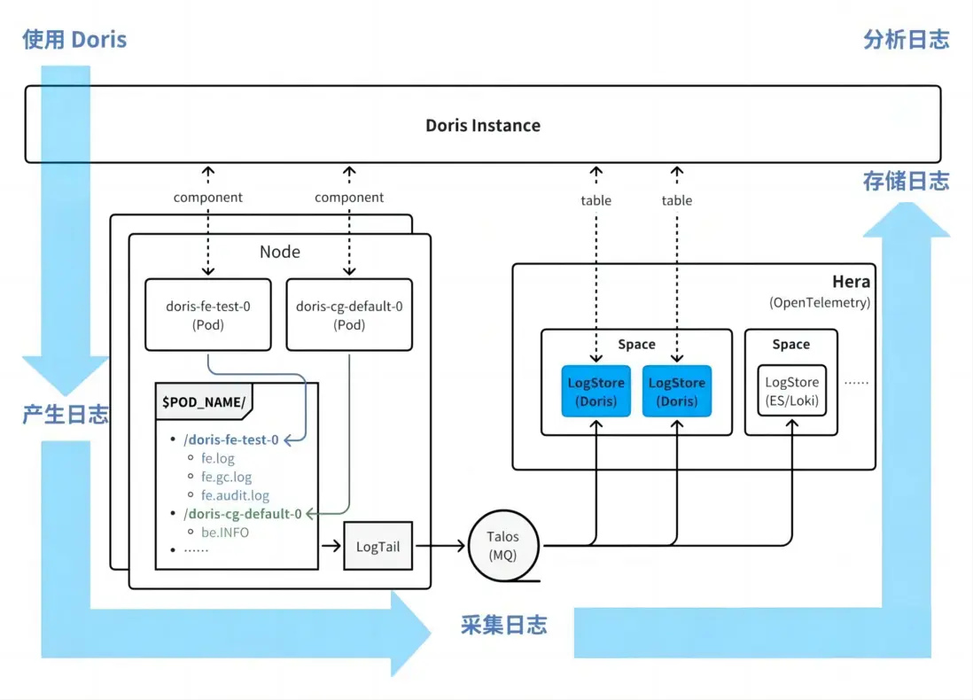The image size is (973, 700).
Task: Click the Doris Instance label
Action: pos(483,125)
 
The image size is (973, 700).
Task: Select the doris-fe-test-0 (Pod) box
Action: pos(208,315)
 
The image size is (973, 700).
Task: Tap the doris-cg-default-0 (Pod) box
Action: pos(349,315)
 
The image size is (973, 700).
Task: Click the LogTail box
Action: pos(378,546)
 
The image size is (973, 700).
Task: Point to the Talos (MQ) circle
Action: pos(502,546)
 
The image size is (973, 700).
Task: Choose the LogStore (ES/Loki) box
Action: pos(790,391)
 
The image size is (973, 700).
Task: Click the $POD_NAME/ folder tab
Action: pos(203,401)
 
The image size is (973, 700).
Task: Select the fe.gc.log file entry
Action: pos(226,477)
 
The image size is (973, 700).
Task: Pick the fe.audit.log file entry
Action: pos(235,495)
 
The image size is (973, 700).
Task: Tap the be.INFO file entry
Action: pos(225,532)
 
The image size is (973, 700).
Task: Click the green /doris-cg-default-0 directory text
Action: pos(242,513)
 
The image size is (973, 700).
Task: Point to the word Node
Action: pos(280,252)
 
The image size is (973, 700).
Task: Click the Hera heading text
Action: pos(851,282)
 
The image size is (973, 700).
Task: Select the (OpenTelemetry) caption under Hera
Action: pos(820,302)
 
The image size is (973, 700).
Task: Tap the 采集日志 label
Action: pos(503,625)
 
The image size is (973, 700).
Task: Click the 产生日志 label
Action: pos(66,414)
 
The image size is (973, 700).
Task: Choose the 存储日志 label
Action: pos(906,182)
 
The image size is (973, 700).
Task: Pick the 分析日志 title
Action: pos(906,40)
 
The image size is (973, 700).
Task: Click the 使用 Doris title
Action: pos(75,40)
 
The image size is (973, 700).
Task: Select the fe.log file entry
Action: pos(218,459)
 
